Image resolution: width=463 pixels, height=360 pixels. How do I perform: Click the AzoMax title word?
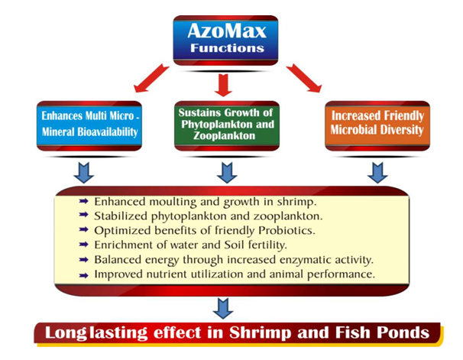tap(227, 31)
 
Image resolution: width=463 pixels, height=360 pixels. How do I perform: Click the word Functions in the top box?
tap(227, 48)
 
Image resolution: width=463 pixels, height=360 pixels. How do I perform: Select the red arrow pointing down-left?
tap(151, 78)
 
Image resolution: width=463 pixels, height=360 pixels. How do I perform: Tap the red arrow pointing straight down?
tap(223, 85)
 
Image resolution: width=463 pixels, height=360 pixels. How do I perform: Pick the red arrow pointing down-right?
tap(304, 78)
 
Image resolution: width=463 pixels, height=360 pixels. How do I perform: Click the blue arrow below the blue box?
tap(84, 173)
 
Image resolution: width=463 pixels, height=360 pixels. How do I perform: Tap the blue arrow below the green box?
tap(227, 173)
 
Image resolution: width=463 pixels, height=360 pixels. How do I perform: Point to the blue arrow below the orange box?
tap(377, 173)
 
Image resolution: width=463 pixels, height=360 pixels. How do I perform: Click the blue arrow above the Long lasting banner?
tap(223, 308)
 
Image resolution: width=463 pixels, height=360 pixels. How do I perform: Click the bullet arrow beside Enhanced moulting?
tap(84, 202)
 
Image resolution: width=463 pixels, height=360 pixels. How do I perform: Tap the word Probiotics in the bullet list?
tap(287, 231)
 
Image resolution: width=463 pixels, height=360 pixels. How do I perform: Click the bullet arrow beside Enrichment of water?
tap(84, 245)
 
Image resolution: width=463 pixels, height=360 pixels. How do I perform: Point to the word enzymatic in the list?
tap(306, 260)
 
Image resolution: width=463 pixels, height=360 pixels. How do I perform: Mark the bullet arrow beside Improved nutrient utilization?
tap(84, 275)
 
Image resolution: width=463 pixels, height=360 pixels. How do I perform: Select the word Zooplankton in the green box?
tap(225, 135)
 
